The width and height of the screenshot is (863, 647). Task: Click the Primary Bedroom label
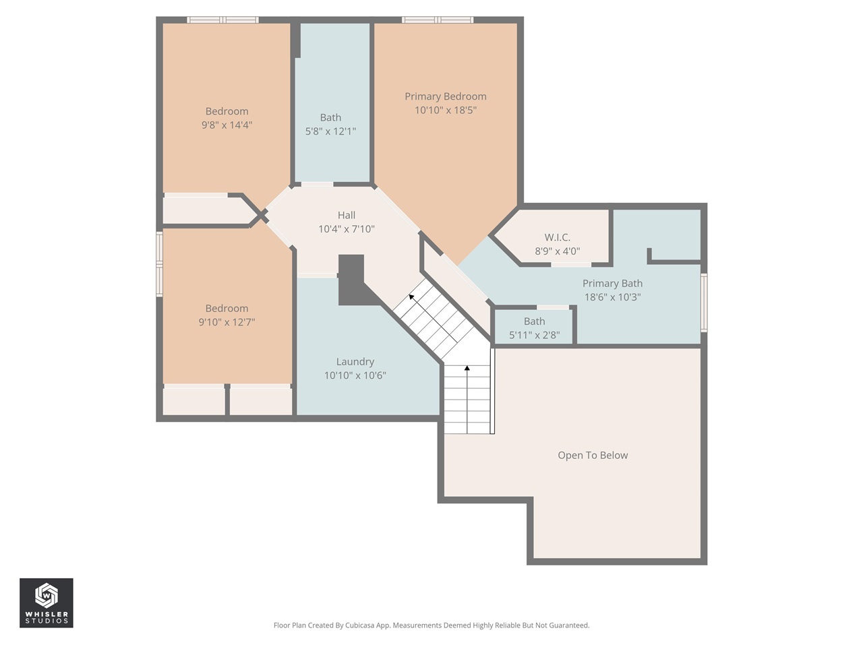(x=445, y=96)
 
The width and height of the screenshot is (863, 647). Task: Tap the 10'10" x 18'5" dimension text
(x=445, y=110)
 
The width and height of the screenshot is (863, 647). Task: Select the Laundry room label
(x=355, y=362)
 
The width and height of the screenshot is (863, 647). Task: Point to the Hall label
(x=347, y=215)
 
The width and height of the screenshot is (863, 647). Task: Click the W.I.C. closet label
(x=557, y=237)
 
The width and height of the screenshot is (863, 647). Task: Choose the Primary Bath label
(x=612, y=284)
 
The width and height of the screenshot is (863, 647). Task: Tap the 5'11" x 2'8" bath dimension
(x=534, y=335)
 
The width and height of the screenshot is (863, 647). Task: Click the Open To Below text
(x=593, y=456)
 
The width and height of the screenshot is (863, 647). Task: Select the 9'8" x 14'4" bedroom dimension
(x=227, y=125)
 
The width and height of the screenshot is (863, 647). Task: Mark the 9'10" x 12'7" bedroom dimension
(x=227, y=322)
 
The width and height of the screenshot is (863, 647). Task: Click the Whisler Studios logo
(x=47, y=603)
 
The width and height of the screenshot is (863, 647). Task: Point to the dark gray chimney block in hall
(x=351, y=278)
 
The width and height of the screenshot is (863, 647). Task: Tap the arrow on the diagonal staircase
(x=411, y=297)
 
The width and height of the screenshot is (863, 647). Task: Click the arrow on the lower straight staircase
(x=467, y=369)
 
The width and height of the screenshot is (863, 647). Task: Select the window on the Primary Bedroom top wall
(x=438, y=20)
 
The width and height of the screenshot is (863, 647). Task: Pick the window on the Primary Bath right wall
(x=703, y=303)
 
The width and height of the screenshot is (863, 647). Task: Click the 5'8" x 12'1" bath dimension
(x=330, y=131)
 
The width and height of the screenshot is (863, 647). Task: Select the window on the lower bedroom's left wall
(x=160, y=264)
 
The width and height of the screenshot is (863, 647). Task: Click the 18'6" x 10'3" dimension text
(x=612, y=297)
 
